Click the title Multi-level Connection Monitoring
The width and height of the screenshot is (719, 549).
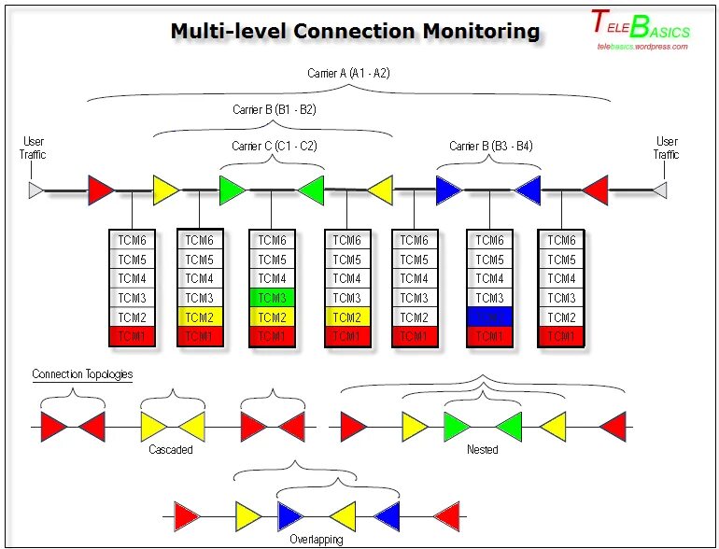pyautogui.click(x=355, y=31)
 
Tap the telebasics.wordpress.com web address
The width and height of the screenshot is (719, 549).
pyautogui.click(x=642, y=46)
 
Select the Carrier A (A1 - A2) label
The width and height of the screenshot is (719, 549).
pyautogui.click(x=349, y=73)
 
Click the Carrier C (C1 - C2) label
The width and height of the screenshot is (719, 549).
pyautogui.click(x=274, y=146)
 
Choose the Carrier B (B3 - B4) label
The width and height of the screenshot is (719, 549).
pyautogui.click(x=490, y=146)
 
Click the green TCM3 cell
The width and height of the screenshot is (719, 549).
pyautogui.click(x=272, y=298)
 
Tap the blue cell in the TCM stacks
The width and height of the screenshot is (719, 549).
pyautogui.click(x=489, y=317)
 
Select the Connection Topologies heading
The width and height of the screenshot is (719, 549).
pyautogui.click(x=82, y=374)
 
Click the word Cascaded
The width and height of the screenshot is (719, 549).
pyautogui.click(x=171, y=450)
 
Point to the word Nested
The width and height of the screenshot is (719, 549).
pyautogui.click(x=482, y=450)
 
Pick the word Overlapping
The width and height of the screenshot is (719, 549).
pyautogui.click(x=315, y=540)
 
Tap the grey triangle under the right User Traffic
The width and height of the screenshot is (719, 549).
pyautogui.click(x=659, y=190)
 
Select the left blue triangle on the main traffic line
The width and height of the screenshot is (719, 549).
pyautogui.click(x=448, y=190)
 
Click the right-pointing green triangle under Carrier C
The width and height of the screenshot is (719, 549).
pyautogui.click(x=231, y=190)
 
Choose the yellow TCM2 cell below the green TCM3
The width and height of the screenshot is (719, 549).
pyautogui.click(x=272, y=317)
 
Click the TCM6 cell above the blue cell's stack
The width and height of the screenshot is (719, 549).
pyautogui.click(x=489, y=240)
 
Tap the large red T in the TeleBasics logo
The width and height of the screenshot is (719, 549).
pyautogui.click(x=599, y=20)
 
